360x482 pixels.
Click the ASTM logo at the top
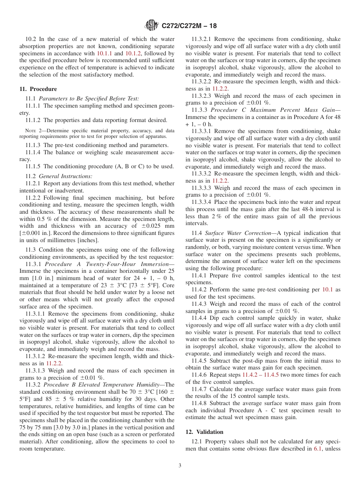pos(152,26)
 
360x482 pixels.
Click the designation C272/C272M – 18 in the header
pos(189,26)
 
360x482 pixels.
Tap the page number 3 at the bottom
pos(180,466)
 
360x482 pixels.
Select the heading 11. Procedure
pos(38,89)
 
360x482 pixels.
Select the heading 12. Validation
pos(204,432)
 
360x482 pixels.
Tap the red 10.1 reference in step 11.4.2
pos(327,290)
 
